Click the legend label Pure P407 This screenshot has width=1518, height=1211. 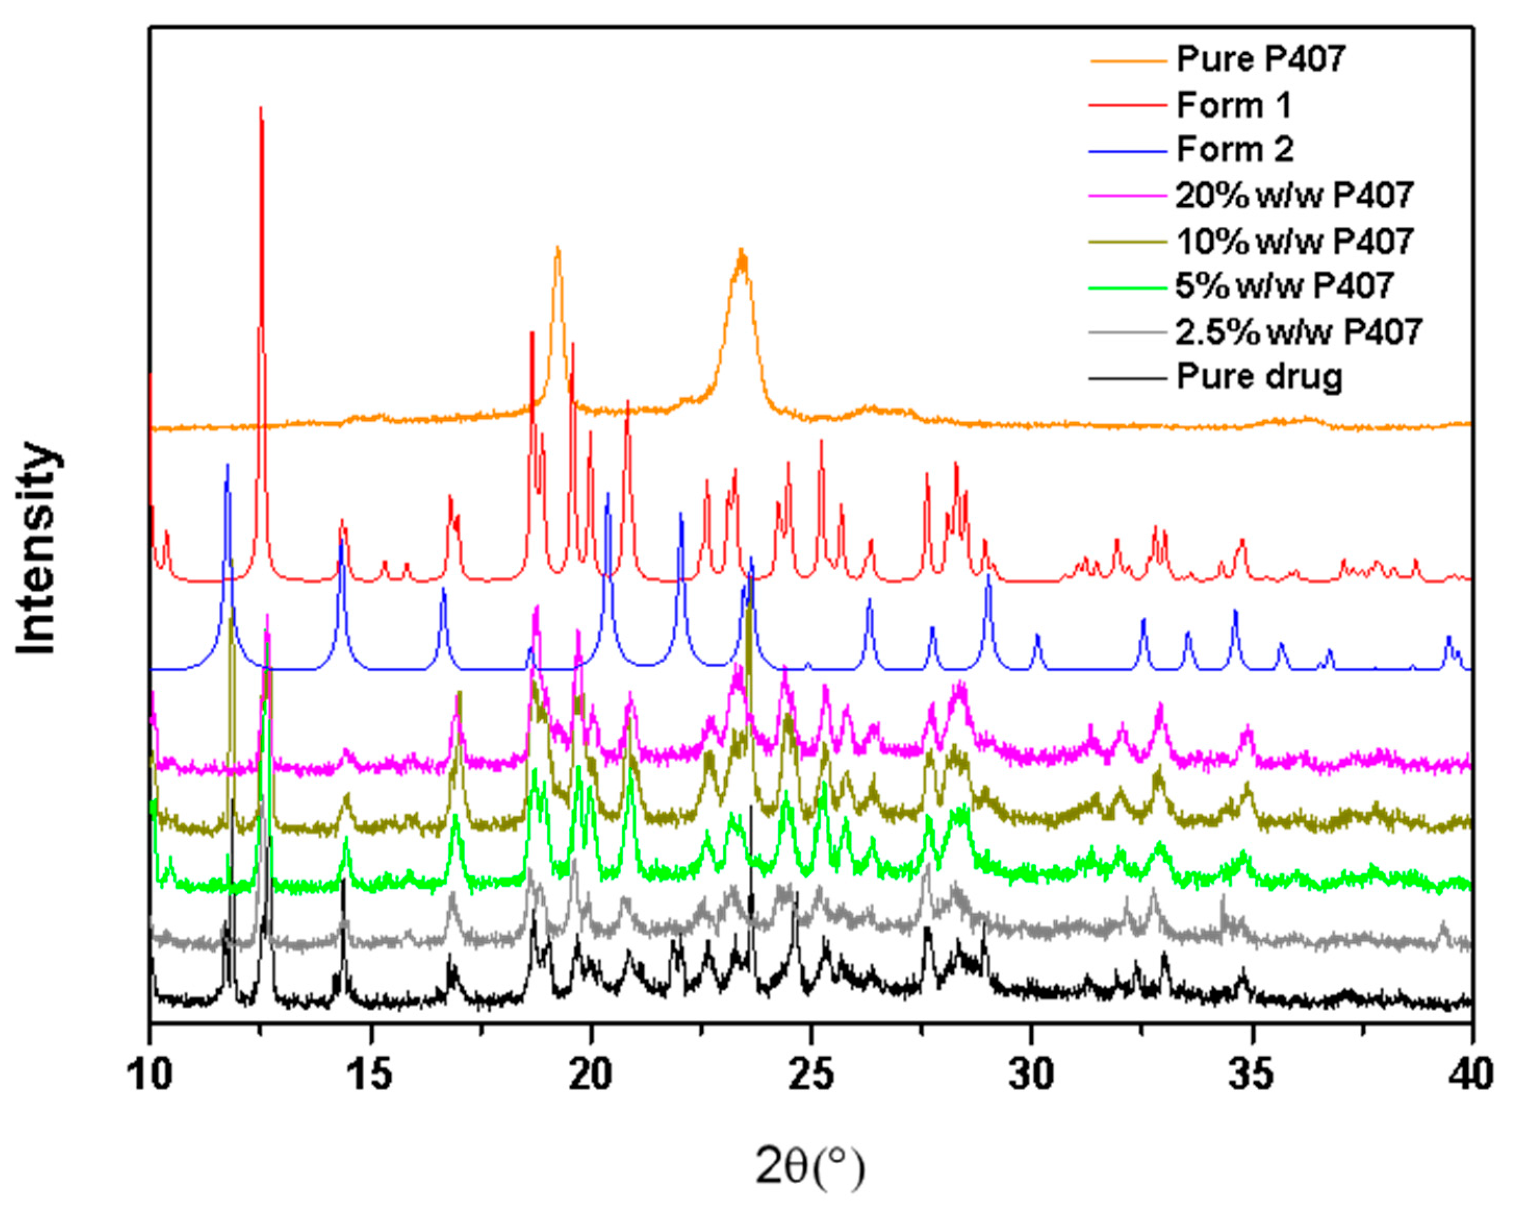click(x=1261, y=58)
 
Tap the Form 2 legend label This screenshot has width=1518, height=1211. click(x=1235, y=150)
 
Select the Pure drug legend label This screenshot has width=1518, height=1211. click(x=1259, y=377)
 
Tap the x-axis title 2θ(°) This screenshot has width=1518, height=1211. click(x=810, y=1166)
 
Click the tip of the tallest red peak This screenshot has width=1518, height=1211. click(x=261, y=108)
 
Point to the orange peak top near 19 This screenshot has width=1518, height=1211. click(x=558, y=248)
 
